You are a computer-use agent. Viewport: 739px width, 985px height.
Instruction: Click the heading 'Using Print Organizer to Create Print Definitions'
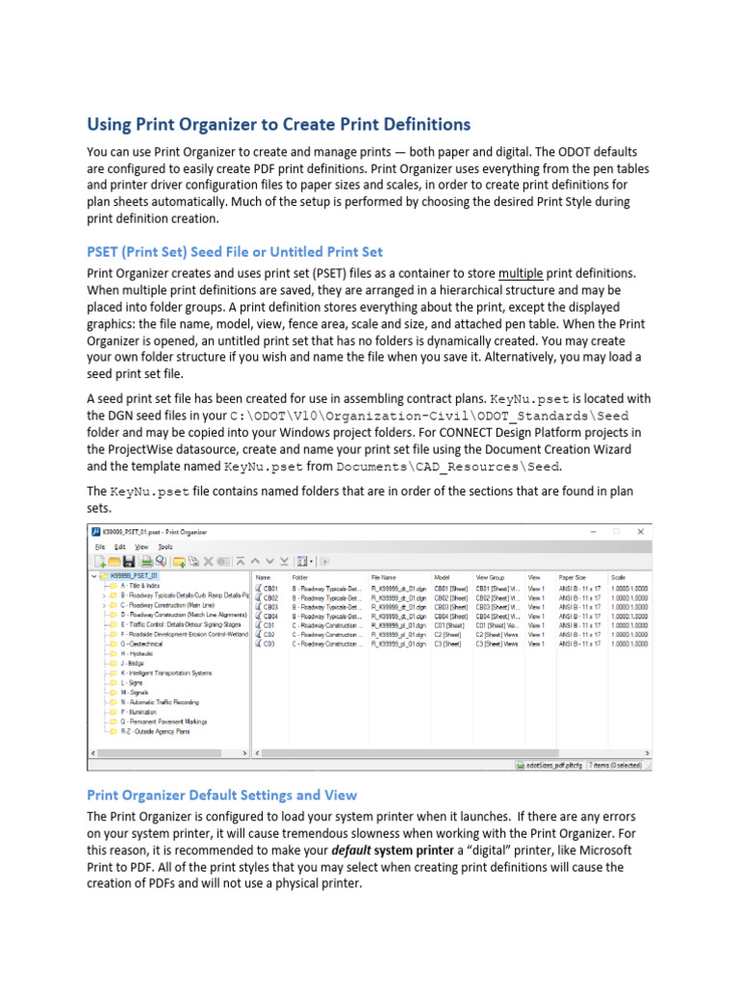[279, 125]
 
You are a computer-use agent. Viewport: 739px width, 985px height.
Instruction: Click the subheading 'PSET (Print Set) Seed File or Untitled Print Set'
[235, 252]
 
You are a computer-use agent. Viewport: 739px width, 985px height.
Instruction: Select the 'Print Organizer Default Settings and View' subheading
[221, 795]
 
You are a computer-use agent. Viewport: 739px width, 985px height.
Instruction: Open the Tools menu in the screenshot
[165, 545]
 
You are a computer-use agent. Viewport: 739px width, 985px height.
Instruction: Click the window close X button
[640, 531]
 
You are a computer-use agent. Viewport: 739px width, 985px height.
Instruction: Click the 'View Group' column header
[490, 577]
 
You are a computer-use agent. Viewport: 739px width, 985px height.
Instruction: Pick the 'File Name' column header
[384, 577]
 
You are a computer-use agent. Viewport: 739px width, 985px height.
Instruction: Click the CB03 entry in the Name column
[270, 607]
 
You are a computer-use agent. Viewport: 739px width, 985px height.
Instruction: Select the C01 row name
[269, 625]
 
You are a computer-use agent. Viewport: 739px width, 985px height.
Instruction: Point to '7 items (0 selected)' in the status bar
[616, 766]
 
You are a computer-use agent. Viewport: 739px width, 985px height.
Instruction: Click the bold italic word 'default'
[351, 851]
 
